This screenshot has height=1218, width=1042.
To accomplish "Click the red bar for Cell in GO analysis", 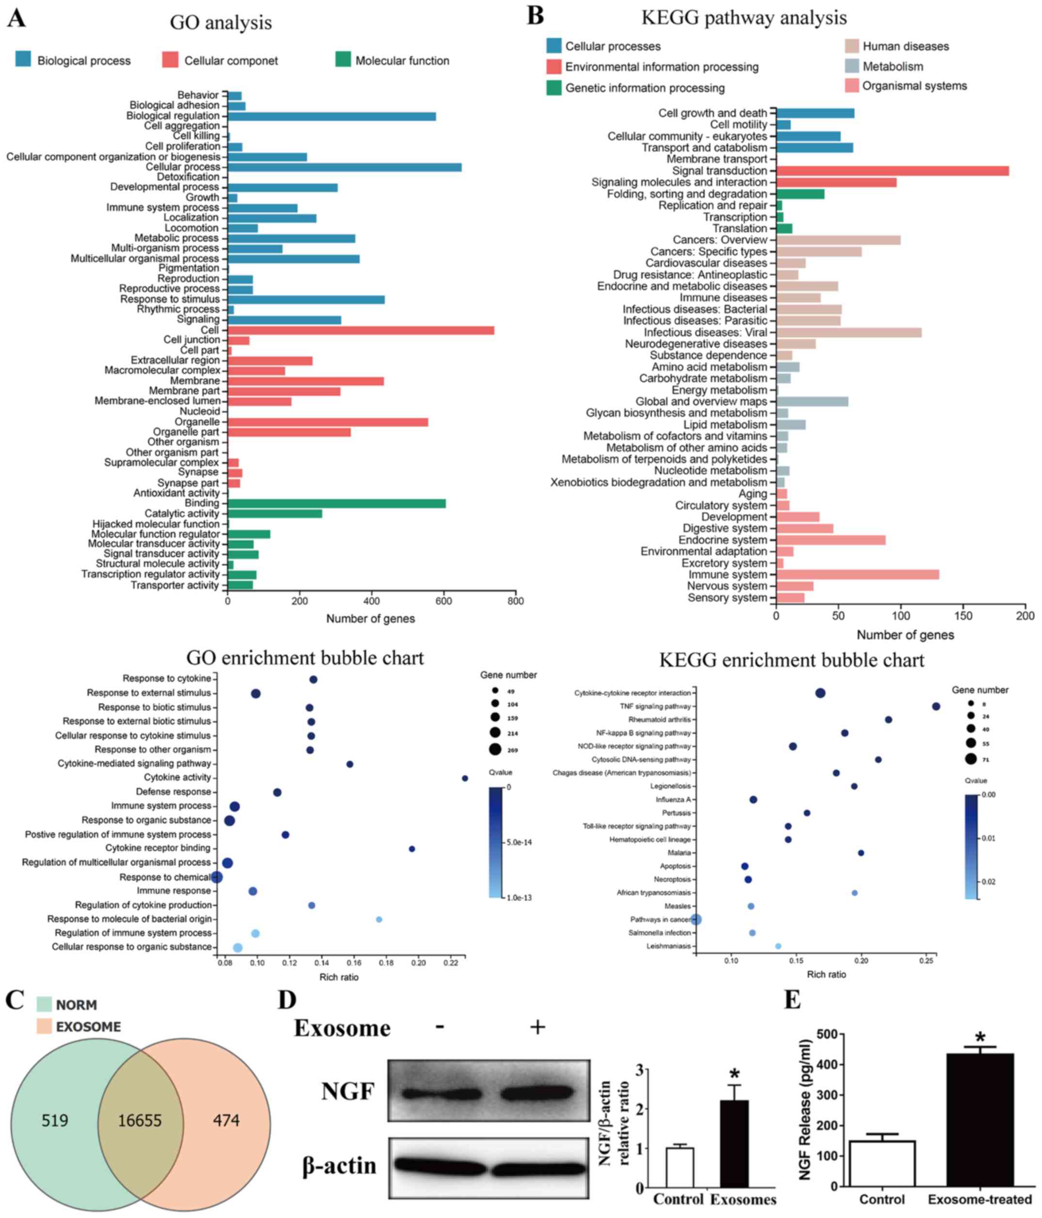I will (x=360, y=330).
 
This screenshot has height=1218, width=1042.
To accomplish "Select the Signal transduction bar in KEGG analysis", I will (x=892, y=171).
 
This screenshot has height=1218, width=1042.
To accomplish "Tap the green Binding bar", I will (x=336, y=504).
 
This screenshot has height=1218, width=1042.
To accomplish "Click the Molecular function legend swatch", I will (x=343, y=59).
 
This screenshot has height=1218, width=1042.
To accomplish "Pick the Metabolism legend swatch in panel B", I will (x=852, y=66).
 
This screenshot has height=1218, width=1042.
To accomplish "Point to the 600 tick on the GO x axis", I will (x=444, y=601).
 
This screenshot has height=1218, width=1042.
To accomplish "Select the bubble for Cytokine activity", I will (x=465, y=778).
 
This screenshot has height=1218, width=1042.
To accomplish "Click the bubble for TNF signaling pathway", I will (x=936, y=706).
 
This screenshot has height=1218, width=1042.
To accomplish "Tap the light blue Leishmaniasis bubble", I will (x=778, y=946).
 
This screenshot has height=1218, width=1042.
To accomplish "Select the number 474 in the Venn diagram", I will (x=226, y=1120).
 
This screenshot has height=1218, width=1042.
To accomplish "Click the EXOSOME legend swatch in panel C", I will (x=44, y=1026).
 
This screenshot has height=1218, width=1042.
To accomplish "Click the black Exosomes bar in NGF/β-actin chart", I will (x=734, y=1144).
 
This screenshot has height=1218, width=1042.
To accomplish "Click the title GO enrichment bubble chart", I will (x=304, y=658).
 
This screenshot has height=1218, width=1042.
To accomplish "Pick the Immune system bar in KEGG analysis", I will (x=857, y=574).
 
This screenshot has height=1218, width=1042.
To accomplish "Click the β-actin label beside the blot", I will (x=339, y=1165).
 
